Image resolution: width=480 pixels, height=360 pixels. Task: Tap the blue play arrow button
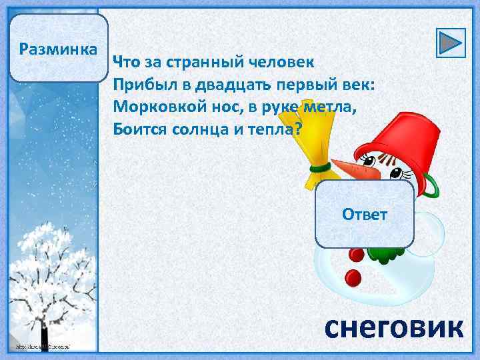point(451,43)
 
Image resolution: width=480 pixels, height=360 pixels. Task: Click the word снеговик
point(393,328)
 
